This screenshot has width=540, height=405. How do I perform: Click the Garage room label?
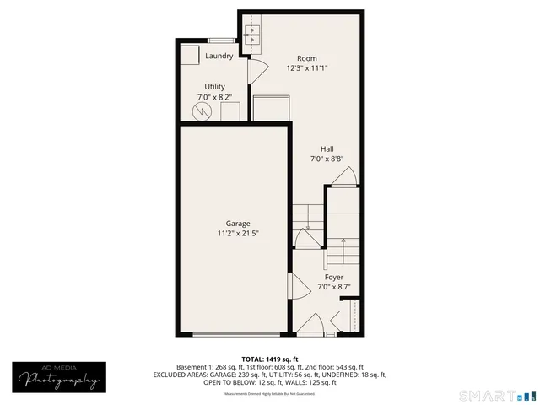click(x=237, y=224)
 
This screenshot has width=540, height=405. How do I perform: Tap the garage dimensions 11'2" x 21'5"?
click(x=237, y=234)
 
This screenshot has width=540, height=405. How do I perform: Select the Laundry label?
click(x=219, y=57)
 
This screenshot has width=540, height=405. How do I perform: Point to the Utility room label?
click(x=214, y=87)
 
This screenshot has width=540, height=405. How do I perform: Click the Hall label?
click(x=327, y=148)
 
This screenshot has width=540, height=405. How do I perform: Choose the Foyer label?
click(x=333, y=277)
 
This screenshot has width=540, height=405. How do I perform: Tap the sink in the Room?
click(x=252, y=35)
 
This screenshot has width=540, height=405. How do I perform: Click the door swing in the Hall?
click(x=344, y=175)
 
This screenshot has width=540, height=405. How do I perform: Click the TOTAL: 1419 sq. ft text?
click(x=269, y=359)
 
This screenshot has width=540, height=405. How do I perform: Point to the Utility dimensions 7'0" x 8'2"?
click(x=214, y=97)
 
